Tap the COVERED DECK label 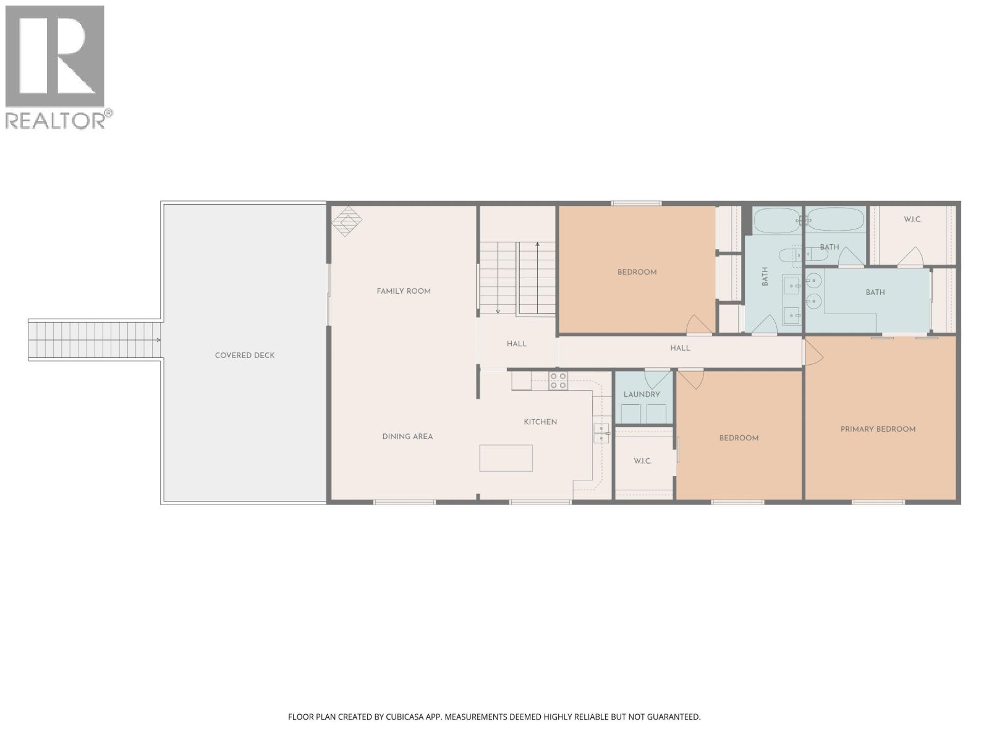(245, 356)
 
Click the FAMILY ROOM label (404, 291)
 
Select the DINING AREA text (407, 437)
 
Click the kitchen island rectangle (506, 458)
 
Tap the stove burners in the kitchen (558, 381)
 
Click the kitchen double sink (601, 433)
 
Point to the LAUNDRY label (642, 394)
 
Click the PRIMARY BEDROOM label (878, 429)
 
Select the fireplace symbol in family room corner (347, 221)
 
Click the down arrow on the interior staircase (498, 310)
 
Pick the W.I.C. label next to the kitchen (642, 461)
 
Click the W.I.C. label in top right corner (912, 220)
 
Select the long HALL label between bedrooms (680, 348)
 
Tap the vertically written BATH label (765, 276)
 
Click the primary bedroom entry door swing (812, 352)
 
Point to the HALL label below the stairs (517, 344)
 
